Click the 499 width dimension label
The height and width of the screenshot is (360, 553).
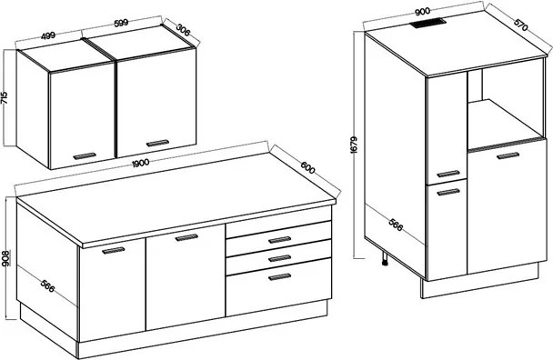48,35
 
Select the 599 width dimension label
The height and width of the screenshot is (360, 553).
121,23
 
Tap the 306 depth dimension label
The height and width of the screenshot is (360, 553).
183,30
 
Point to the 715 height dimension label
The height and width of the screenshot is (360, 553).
5,97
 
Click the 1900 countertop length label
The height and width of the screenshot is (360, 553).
140,163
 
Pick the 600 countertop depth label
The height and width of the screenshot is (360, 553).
308,167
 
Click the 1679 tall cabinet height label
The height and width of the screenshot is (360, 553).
355,145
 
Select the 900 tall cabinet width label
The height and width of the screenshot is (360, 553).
422,12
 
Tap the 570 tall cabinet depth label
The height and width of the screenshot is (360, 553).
521,24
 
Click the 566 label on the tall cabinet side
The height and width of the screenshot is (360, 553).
396,225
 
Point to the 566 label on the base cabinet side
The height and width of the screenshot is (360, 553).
47,285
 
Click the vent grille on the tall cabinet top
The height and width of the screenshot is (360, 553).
428,24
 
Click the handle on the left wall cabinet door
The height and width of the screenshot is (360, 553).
85,155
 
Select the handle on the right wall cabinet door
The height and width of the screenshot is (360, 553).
157,143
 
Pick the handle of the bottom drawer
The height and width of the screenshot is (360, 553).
279,276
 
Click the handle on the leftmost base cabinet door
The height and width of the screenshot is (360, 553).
113,250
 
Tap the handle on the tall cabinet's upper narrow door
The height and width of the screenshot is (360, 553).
448,174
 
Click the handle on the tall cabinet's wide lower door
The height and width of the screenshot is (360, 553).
508,155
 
